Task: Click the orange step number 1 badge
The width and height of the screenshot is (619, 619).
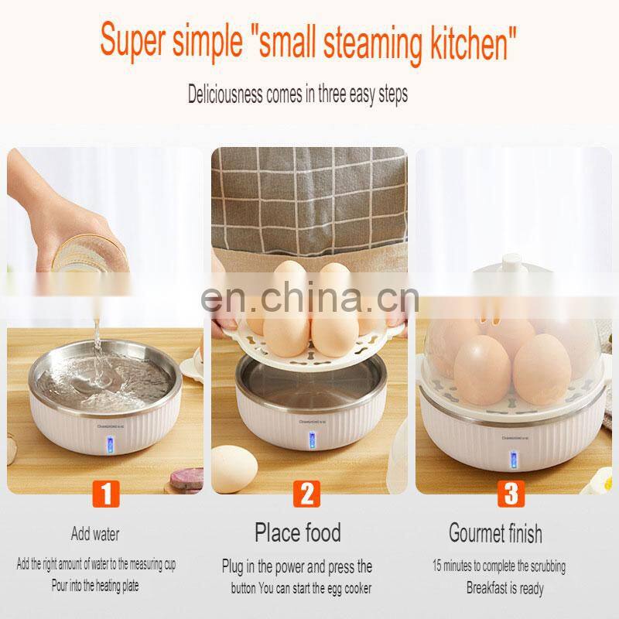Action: (106, 494)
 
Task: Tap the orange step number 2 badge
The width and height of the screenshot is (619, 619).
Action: (306, 494)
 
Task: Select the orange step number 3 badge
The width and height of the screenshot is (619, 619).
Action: (511, 494)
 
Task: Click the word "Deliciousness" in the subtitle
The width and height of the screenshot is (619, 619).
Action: (225, 94)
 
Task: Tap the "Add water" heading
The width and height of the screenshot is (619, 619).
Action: (95, 534)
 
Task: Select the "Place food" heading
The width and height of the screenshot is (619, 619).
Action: (298, 532)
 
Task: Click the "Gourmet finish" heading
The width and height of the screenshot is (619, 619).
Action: (495, 533)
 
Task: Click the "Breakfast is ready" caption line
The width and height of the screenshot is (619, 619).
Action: (505, 588)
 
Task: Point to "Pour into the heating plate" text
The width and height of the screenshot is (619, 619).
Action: (95, 585)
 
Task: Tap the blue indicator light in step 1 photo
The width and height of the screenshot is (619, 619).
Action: (109, 446)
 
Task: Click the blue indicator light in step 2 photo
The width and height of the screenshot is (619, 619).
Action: (312, 441)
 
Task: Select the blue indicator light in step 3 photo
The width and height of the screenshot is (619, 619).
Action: (514, 460)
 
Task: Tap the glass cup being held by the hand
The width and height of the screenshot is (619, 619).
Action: (90, 254)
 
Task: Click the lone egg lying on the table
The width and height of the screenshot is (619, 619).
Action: (234, 469)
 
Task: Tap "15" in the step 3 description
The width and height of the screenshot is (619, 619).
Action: (437, 566)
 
